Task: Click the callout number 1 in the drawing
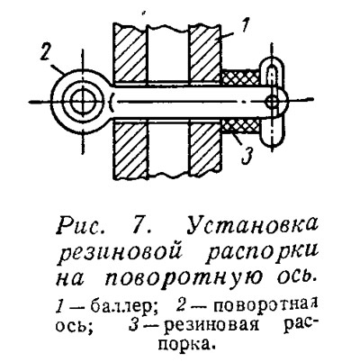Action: pyautogui.click(x=245, y=26)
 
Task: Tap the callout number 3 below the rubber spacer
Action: pyautogui.click(x=247, y=156)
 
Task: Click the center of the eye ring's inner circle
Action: pyautogui.click(x=83, y=102)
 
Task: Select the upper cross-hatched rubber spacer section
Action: pyautogui.click(x=240, y=77)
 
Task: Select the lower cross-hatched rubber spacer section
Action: pyautogui.click(x=240, y=126)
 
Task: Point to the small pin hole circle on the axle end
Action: pyautogui.click(x=273, y=103)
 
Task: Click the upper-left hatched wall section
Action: pyautogui.click(x=130, y=53)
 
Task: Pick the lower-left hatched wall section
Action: pyautogui.click(x=130, y=149)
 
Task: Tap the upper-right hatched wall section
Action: pyautogui.click(x=205, y=53)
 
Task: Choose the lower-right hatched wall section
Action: pyautogui.click(x=205, y=149)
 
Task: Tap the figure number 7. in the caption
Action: pyautogui.click(x=140, y=225)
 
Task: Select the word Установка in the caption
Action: pyautogui.click(x=253, y=225)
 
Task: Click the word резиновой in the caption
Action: pyautogui.click(x=121, y=254)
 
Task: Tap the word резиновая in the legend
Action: pyautogui.click(x=211, y=325)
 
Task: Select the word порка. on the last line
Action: pyautogui.click(x=187, y=343)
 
